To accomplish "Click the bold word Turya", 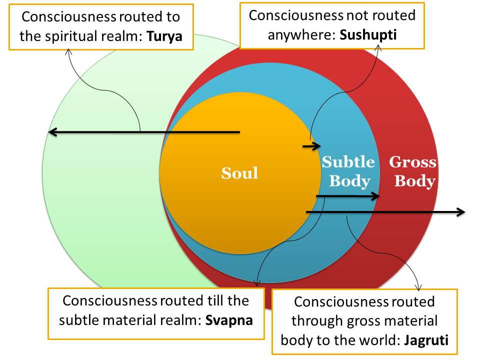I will [x=165, y=37].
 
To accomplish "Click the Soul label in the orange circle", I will [x=240, y=173].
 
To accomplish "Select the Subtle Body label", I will [x=348, y=171].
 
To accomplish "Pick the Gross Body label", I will [x=413, y=171].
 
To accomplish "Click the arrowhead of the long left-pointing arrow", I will [x=52, y=132].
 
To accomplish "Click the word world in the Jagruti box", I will [x=370, y=340].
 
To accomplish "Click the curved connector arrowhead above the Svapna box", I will [x=258, y=284].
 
